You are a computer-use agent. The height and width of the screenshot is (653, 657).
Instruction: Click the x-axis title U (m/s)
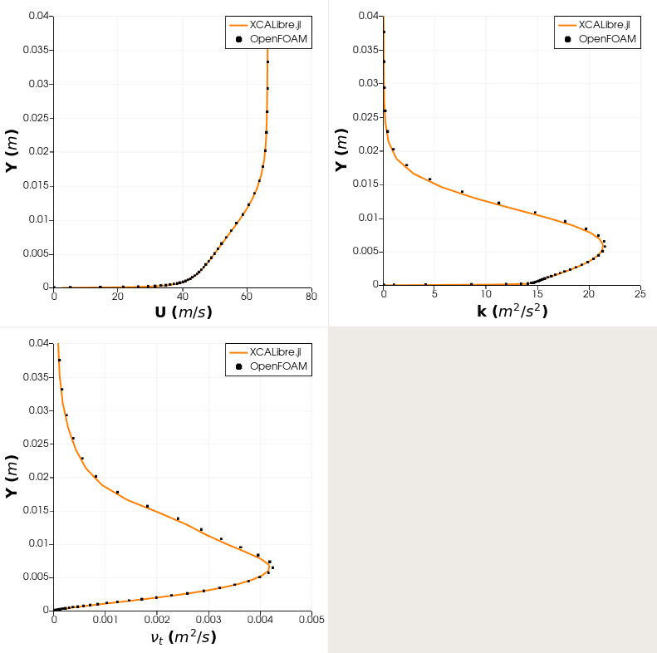coord(182,312)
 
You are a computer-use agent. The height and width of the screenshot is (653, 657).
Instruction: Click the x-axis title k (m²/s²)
coord(511,311)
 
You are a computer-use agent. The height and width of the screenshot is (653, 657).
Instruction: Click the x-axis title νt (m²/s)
coord(182,637)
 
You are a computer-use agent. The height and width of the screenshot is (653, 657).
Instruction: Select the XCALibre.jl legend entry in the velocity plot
coord(269,25)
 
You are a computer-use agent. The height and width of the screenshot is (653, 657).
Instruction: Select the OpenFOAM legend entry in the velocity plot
coord(269,39)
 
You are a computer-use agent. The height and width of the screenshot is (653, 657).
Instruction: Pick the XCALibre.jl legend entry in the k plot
coord(598,25)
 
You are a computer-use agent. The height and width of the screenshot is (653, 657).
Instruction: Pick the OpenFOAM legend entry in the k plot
coord(598,38)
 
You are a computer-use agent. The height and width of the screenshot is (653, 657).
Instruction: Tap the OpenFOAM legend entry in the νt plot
coord(269,366)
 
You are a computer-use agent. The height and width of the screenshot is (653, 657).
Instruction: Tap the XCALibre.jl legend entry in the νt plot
coord(269,352)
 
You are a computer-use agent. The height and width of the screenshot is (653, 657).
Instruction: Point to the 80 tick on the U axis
coord(311,295)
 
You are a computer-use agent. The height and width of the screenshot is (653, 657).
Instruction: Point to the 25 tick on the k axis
coord(640,293)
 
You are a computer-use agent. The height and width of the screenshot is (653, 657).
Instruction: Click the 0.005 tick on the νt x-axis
coord(311,619)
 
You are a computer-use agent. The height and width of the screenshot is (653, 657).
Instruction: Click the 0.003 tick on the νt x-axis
coord(208,619)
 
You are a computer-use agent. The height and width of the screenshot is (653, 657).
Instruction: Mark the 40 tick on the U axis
coord(182,295)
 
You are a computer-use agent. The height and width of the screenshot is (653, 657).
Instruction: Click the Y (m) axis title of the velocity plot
coord(12,150)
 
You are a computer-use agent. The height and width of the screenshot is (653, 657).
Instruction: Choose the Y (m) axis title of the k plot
coord(341,150)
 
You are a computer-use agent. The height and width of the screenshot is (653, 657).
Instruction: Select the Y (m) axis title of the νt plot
coord(12,476)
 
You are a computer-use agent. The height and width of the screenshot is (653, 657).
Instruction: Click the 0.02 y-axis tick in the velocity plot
coord(37,151)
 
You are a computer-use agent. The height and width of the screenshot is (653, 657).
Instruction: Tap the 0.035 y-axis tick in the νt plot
coord(34,376)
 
